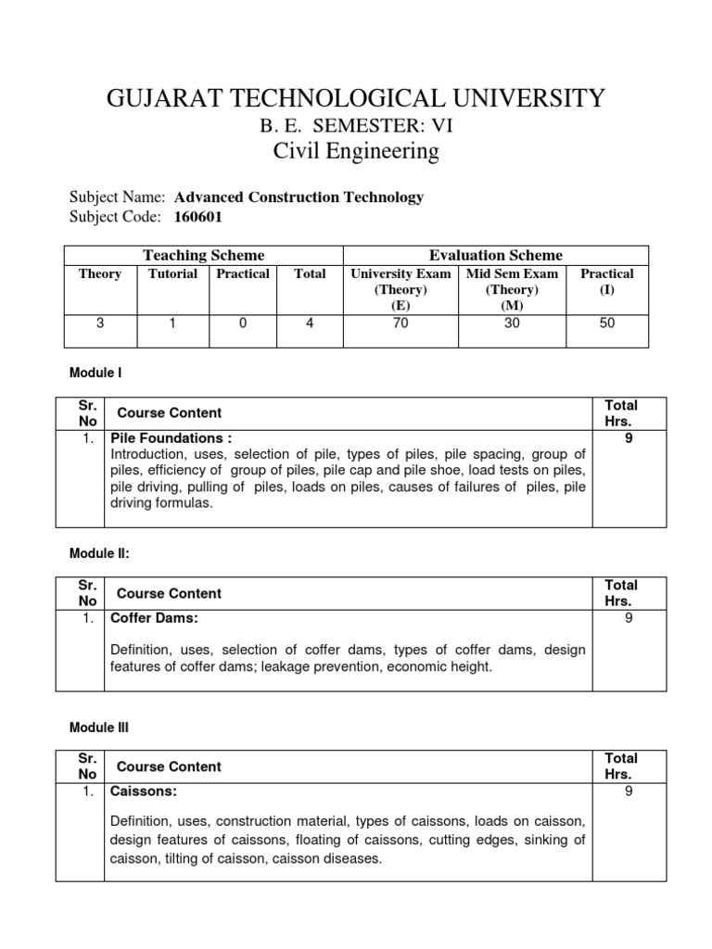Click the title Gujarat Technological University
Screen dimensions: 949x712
[x=356, y=97]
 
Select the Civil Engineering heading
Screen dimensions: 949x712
[x=356, y=151]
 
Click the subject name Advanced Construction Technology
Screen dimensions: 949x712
[x=299, y=196]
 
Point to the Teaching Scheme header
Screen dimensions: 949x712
[x=203, y=255]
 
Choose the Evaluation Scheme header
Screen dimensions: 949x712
[x=495, y=255]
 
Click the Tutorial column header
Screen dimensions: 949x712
[x=172, y=273]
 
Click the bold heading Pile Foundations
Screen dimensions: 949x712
[x=171, y=437]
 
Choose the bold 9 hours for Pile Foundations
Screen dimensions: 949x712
[x=629, y=437]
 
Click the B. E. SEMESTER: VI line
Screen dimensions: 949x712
[x=356, y=124]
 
